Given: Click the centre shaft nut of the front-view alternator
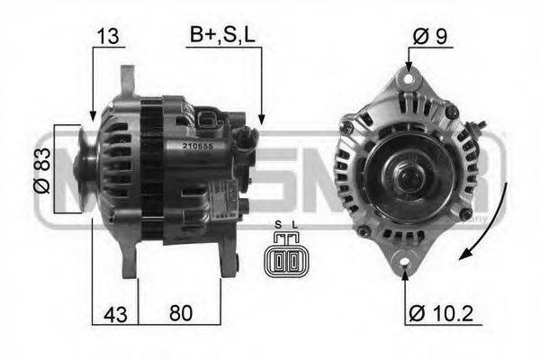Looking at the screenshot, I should point(403,171).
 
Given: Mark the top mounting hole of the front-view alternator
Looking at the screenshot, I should point(408,79).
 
